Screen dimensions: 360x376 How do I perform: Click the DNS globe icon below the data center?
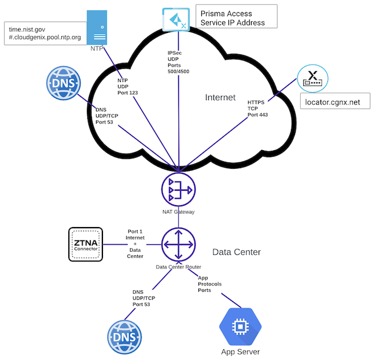click(124, 336)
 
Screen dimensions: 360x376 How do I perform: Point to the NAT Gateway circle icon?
click(178, 190)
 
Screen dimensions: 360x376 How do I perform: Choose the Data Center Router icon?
click(178, 244)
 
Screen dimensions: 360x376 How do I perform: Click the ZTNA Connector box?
click(86, 244)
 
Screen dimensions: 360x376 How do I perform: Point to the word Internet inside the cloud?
click(220, 97)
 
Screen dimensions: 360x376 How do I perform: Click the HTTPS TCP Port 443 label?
click(257, 108)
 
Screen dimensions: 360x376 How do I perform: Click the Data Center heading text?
click(237, 252)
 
